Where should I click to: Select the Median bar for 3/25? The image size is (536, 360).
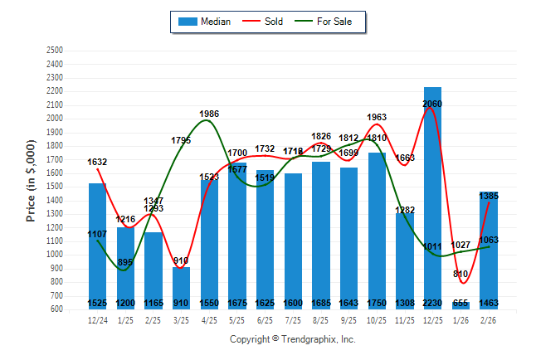point(181,286)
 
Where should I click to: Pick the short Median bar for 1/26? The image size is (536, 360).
point(460,305)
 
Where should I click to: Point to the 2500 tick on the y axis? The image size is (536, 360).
point(55,50)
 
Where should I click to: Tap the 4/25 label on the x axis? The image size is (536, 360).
point(209,319)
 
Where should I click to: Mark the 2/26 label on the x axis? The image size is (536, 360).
point(489,319)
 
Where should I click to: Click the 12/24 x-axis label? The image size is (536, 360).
point(97,319)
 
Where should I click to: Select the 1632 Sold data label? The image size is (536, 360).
point(97,162)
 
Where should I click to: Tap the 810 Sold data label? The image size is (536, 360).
point(460,274)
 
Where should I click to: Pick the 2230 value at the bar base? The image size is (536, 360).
point(432,304)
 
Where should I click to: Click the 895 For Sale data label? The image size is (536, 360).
point(125,262)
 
